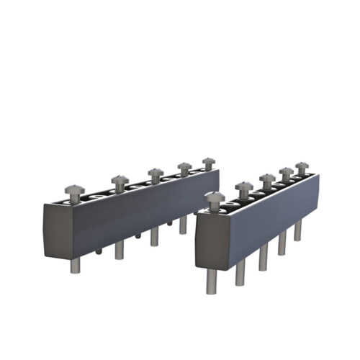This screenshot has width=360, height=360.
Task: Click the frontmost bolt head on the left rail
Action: point(73,189)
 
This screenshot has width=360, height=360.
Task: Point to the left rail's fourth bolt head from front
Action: point(185,167)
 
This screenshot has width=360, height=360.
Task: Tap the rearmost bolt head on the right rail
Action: point(302,167)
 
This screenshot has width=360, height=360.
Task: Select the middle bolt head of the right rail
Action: point(268,179)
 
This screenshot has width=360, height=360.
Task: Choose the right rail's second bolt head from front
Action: point(244,187)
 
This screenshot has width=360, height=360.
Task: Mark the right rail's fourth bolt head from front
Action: point(287,173)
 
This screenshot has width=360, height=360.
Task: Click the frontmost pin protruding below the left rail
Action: point(76,265)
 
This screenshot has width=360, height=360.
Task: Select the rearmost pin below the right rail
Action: point(297,230)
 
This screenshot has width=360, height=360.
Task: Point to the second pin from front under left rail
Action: point(119,250)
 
